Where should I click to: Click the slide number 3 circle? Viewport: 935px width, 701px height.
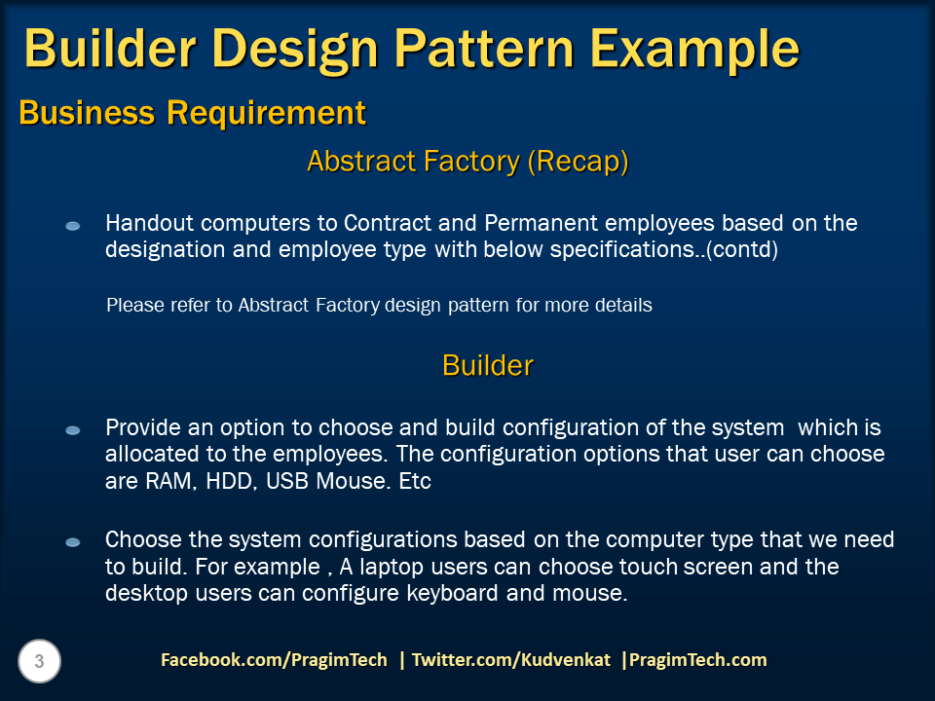coord(39,661)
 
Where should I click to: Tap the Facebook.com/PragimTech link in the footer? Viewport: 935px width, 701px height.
coord(274,660)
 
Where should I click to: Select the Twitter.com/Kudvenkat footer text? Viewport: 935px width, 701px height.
coord(511,660)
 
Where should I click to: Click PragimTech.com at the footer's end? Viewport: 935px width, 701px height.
coord(697,660)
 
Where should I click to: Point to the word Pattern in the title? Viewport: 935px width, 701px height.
coord(484,49)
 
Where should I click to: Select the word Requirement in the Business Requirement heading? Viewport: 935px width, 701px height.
coord(266,113)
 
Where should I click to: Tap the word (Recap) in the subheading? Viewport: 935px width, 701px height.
coord(578,162)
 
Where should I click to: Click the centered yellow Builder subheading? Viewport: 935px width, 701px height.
coord(488,365)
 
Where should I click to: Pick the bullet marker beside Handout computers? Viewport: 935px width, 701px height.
coord(73,226)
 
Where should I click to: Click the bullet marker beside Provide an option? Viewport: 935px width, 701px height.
coord(73,430)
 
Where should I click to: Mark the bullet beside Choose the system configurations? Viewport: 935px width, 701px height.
coord(73,542)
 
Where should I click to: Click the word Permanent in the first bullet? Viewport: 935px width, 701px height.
coord(541,223)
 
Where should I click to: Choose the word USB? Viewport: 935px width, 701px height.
coord(287,481)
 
